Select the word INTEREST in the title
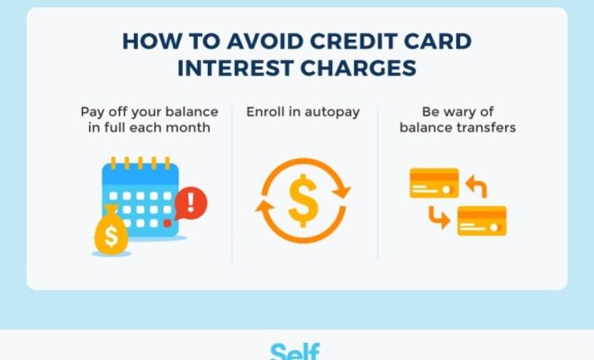[x=235, y=68]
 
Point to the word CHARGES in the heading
[x=358, y=68]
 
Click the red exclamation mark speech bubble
[x=191, y=203]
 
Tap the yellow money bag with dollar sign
[x=111, y=230]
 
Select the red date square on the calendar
[x=167, y=223]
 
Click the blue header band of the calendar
[x=140, y=175]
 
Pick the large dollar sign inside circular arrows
[x=303, y=201]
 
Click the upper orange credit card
[x=434, y=183]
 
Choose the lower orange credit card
[x=481, y=220]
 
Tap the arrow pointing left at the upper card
[x=476, y=185]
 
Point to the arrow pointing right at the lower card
[x=439, y=218]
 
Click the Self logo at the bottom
[x=295, y=352]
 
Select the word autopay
[x=332, y=112]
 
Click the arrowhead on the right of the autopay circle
[x=342, y=190]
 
